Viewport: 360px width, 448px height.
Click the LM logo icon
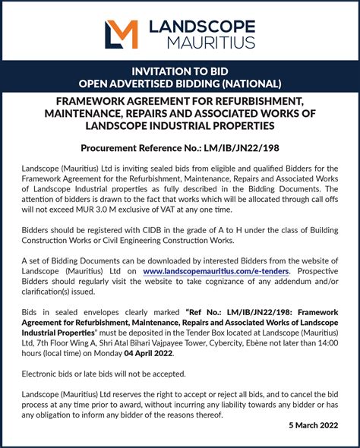[121, 34]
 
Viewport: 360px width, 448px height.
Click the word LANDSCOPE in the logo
[201, 27]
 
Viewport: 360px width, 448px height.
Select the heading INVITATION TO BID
[180, 70]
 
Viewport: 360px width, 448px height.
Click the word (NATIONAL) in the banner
[254, 83]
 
